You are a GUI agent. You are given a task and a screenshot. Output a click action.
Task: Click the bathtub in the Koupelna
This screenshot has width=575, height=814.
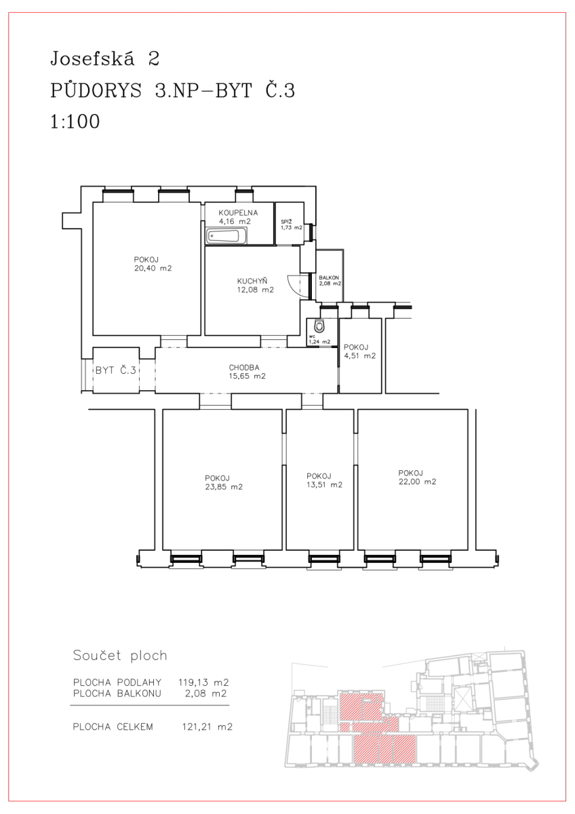226,236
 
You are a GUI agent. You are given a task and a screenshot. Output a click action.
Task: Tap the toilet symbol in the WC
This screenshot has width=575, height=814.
319,326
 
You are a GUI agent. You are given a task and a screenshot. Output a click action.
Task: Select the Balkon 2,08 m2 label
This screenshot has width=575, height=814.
330,281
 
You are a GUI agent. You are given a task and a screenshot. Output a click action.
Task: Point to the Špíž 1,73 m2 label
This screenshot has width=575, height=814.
292,225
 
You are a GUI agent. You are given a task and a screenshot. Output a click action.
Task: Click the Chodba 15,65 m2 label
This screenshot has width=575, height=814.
247,372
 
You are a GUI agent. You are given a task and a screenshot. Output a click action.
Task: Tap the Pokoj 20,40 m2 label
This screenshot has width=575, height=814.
153,264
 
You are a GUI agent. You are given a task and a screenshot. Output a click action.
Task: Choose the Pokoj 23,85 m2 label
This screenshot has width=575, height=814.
224,482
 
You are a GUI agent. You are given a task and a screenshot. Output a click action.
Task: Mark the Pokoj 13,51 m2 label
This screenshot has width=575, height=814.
324,480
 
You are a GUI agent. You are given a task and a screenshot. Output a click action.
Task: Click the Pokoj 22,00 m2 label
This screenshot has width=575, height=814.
418,478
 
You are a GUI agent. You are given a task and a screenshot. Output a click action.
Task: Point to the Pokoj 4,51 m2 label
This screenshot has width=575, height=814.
359,351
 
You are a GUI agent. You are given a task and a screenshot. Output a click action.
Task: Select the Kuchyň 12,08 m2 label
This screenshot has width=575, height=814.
256,286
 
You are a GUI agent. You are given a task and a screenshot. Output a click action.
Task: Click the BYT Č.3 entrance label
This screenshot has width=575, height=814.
115,370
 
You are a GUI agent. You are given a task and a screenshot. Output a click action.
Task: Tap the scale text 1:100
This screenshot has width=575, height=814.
75,121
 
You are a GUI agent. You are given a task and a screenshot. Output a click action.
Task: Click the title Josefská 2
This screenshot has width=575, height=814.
105,58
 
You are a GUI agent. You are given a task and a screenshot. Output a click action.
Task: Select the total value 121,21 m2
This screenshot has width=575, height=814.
207,726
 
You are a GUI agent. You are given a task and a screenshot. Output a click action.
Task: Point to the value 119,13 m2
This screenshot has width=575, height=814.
203,682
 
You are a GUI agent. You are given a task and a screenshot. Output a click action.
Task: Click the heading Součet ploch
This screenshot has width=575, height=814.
120,655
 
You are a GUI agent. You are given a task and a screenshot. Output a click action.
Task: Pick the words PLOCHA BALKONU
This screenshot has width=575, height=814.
117,693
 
